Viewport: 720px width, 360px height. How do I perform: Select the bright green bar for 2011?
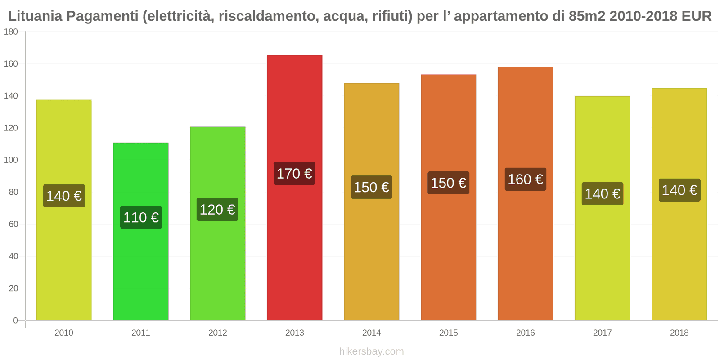pos(140,270)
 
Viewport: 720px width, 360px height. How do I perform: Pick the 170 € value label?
pos(294,174)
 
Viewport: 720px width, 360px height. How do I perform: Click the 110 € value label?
pos(141,218)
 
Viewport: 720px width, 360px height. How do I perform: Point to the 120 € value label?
pos(217,210)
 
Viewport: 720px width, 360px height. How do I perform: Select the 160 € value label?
pos(525,180)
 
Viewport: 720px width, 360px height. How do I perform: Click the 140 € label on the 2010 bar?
pos(64,196)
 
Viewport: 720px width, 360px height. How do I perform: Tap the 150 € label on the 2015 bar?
pos(448,183)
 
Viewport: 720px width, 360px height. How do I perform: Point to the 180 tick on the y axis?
pos(11,32)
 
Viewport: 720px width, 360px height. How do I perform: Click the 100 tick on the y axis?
pos(11,160)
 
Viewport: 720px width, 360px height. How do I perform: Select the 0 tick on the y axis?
pos(15,320)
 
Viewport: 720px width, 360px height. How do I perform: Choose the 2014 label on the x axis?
pos(371,333)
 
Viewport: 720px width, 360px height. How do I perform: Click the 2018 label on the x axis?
pos(679,333)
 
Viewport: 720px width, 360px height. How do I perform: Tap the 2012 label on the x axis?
pos(217,333)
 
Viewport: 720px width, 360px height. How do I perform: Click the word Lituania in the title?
pos(35,16)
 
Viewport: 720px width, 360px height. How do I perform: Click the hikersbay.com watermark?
pos(371,351)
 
